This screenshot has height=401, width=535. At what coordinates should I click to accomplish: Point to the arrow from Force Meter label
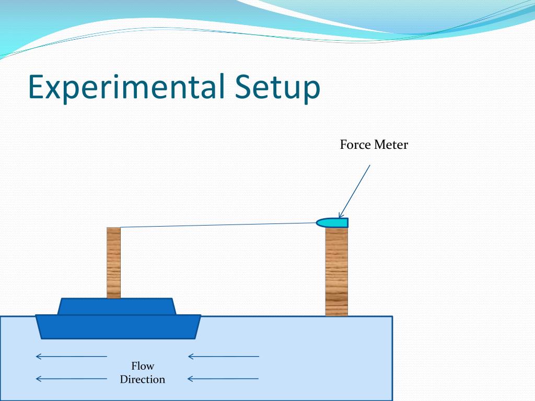click(355, 190)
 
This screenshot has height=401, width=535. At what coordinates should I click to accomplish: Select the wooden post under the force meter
click(336, 272)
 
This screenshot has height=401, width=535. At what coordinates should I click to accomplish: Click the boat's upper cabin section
click(116, 306)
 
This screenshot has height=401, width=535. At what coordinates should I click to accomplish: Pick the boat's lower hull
click(118, 326)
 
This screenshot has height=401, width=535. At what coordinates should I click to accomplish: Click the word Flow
click(143, 366)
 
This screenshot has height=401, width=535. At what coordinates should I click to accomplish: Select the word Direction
click(143, 380)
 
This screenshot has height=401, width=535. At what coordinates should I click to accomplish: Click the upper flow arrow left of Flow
click(71, 357)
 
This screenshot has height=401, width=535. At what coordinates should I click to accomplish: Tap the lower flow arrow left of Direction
click(71, 379)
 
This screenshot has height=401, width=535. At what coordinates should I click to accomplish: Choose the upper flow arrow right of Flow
click(223, 357)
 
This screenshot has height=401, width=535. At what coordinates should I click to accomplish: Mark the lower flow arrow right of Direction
click(223, 379)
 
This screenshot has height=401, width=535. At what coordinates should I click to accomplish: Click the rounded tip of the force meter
click(319, 223)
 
